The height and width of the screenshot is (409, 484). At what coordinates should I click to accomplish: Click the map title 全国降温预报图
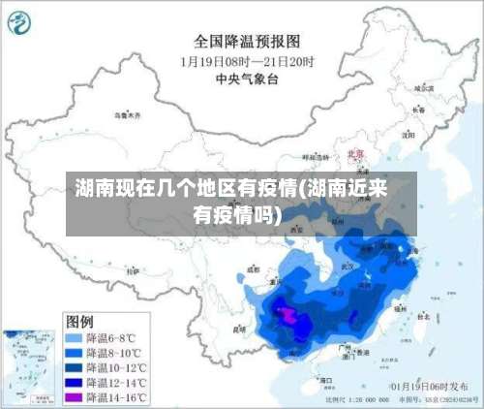tap(247, 42)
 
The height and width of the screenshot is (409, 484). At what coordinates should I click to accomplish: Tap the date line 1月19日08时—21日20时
tap(246, 61)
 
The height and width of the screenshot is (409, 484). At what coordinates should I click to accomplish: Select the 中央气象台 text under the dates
tap(247, 79)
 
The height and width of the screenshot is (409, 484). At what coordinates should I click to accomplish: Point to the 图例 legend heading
tap(79, 320)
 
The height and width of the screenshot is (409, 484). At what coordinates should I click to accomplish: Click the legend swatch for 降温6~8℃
tap(74, 338)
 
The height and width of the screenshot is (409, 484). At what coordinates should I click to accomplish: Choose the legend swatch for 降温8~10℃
tap(74, 353)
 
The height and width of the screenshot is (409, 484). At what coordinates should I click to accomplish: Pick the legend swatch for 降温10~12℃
tap(74, 367)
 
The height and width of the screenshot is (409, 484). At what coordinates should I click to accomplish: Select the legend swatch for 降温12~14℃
tap(74, 382)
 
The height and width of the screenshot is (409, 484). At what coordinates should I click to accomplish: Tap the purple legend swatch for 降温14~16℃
tap(74, 396)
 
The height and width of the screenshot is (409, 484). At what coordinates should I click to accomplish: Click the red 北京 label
tap(355, 154)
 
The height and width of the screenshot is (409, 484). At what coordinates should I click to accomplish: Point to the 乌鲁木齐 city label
tap(127, 115)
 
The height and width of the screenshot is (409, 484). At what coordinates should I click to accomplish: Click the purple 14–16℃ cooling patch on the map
tap(287, 312)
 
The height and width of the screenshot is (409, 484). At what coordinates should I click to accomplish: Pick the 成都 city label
tap(254, 268)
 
